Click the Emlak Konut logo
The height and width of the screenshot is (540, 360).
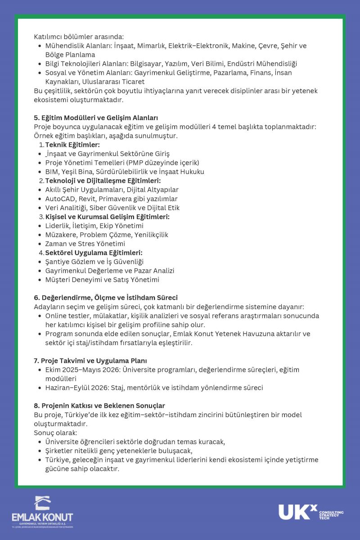click(x=42, y=512)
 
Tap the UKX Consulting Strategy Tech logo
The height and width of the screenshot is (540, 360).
click(x=310, y=513)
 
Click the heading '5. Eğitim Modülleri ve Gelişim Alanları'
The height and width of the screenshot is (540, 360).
click(x=95, y=118)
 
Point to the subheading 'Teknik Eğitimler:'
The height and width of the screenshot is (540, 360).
click(x=72, y=145)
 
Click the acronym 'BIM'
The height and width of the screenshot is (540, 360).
click(x=52, y=172)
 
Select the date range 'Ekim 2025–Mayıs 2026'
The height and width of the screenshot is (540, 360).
click(x=84, y=370)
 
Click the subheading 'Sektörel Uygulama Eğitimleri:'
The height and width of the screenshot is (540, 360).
click(x=94, y=253)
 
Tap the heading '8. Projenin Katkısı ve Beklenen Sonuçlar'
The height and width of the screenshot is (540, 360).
click(x=99, y=406)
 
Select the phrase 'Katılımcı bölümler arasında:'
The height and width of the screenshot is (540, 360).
click(x=79, y=37)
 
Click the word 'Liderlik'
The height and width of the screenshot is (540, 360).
click(x=58, y=226)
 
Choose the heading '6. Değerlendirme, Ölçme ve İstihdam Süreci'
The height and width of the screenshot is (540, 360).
click(x=106, y=298)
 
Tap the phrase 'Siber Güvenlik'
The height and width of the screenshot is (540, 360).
click(x=113, y=208)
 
